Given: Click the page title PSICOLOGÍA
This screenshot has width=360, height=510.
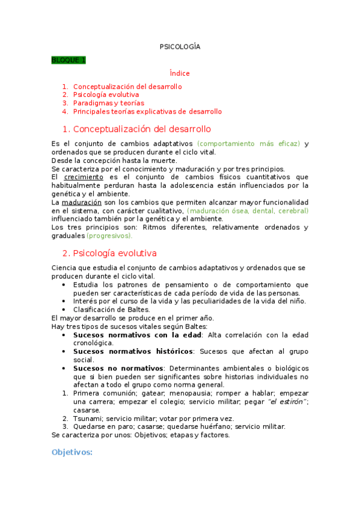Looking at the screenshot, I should [x=180, y=46].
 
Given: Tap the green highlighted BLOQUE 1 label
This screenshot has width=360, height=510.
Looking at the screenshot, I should [x=69, y=60].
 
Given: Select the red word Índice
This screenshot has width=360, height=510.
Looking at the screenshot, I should [x=180, y=73].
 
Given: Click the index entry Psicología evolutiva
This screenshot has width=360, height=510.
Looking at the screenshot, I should [x=106, y=95].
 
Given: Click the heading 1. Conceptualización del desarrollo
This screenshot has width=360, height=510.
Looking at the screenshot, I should [x=136, y=129].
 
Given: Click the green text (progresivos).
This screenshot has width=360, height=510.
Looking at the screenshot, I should [x=109, y=236].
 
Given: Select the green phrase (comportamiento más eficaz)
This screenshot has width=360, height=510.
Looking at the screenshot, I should [x=248, y=144].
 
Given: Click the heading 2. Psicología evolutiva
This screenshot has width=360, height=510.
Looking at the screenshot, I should [x=109, y=253].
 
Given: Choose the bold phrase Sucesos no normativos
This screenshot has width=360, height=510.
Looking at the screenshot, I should [x=118, y=367].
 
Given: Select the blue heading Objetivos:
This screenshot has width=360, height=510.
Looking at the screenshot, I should [x=72, y=452].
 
